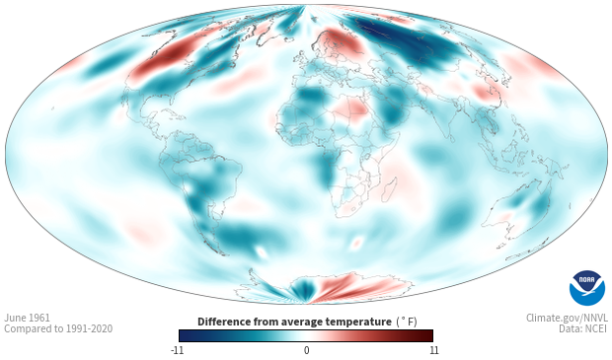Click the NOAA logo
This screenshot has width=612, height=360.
pos(587,288)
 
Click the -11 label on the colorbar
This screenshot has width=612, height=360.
pos(177,350)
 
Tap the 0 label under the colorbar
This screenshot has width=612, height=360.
pos(306,350)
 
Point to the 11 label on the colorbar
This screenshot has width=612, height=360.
pos(434,350)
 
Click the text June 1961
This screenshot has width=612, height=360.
pos(27,318)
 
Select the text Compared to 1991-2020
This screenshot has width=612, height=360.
pos(58,328)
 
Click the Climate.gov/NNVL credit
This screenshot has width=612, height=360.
pos(567,318)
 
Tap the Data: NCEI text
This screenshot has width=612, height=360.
pos(583,328)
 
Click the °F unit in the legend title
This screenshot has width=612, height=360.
pos(407,323)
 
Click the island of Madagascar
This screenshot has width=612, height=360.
pos(389,190)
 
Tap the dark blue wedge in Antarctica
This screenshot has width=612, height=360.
pos(300,289)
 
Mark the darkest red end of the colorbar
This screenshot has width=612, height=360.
pos(428,335)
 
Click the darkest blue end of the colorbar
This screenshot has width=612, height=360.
pos(184,335)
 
